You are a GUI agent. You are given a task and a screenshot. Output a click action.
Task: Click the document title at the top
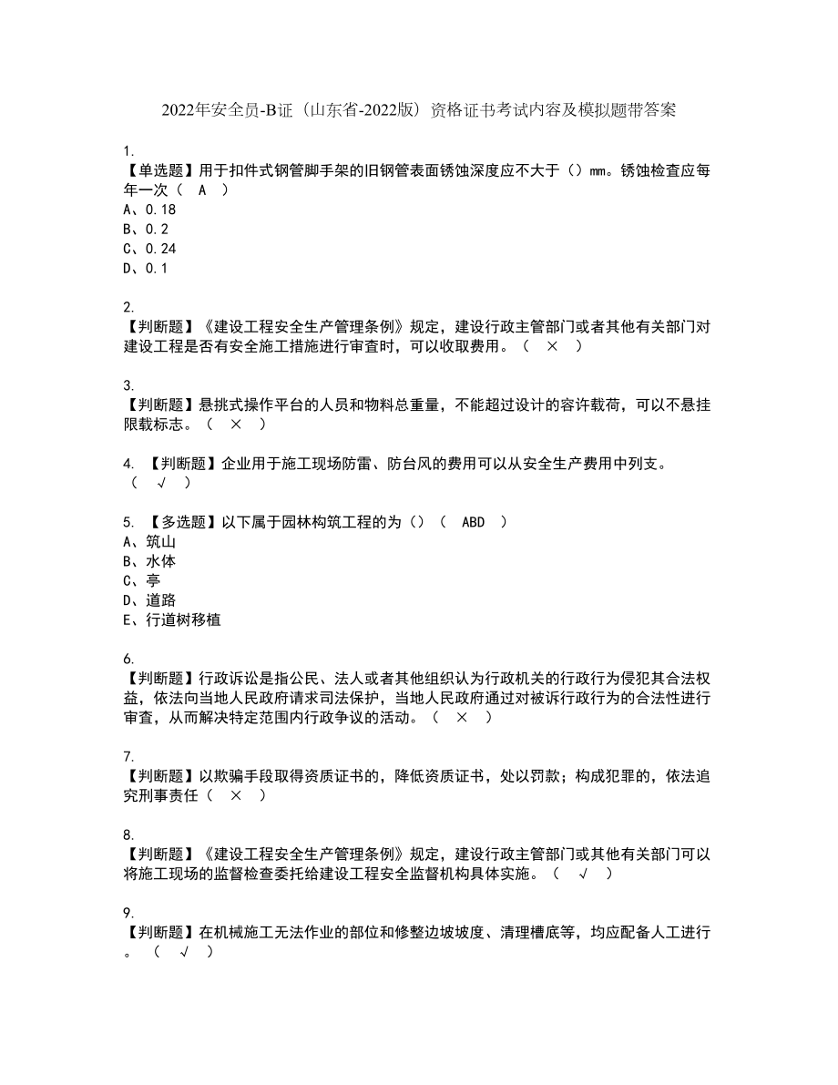click(x=418, y=110)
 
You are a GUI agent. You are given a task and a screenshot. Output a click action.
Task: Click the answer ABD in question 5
click(x=474, y=522)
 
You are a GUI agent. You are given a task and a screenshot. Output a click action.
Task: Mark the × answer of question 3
click(x=235, y=424)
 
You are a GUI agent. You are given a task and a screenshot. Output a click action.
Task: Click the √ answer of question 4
click(x=162, y=483)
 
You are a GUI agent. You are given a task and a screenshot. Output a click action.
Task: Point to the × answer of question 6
click(x=462, y=717)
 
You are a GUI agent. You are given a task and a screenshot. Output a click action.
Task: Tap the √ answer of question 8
click(x=581, y=874)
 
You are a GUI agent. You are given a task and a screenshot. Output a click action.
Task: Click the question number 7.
click(x=128, y=756)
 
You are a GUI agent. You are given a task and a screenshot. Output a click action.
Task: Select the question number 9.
click(x=128, y=913)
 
